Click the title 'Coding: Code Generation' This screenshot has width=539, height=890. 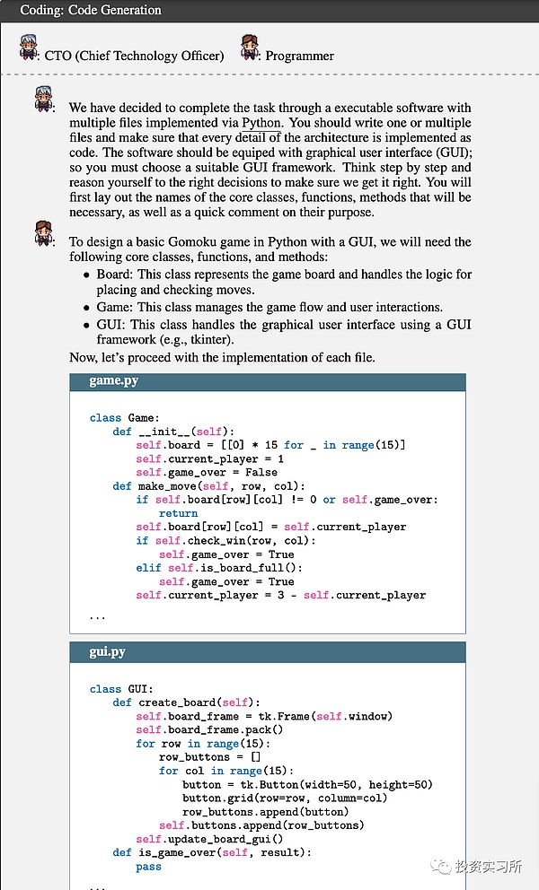point(91,11)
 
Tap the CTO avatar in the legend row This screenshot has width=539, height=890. point(29,48)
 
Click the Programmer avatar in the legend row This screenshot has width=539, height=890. point(251,48)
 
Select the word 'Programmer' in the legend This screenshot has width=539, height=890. point(299,56)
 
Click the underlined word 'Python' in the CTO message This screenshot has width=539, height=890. point(261,122)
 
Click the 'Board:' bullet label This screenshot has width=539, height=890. point(115,275)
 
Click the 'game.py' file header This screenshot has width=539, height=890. point(113,381)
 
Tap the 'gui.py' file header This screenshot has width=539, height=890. point(110,651)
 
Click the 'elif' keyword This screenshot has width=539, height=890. point(148,568)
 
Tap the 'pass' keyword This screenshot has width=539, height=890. point(148,867)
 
